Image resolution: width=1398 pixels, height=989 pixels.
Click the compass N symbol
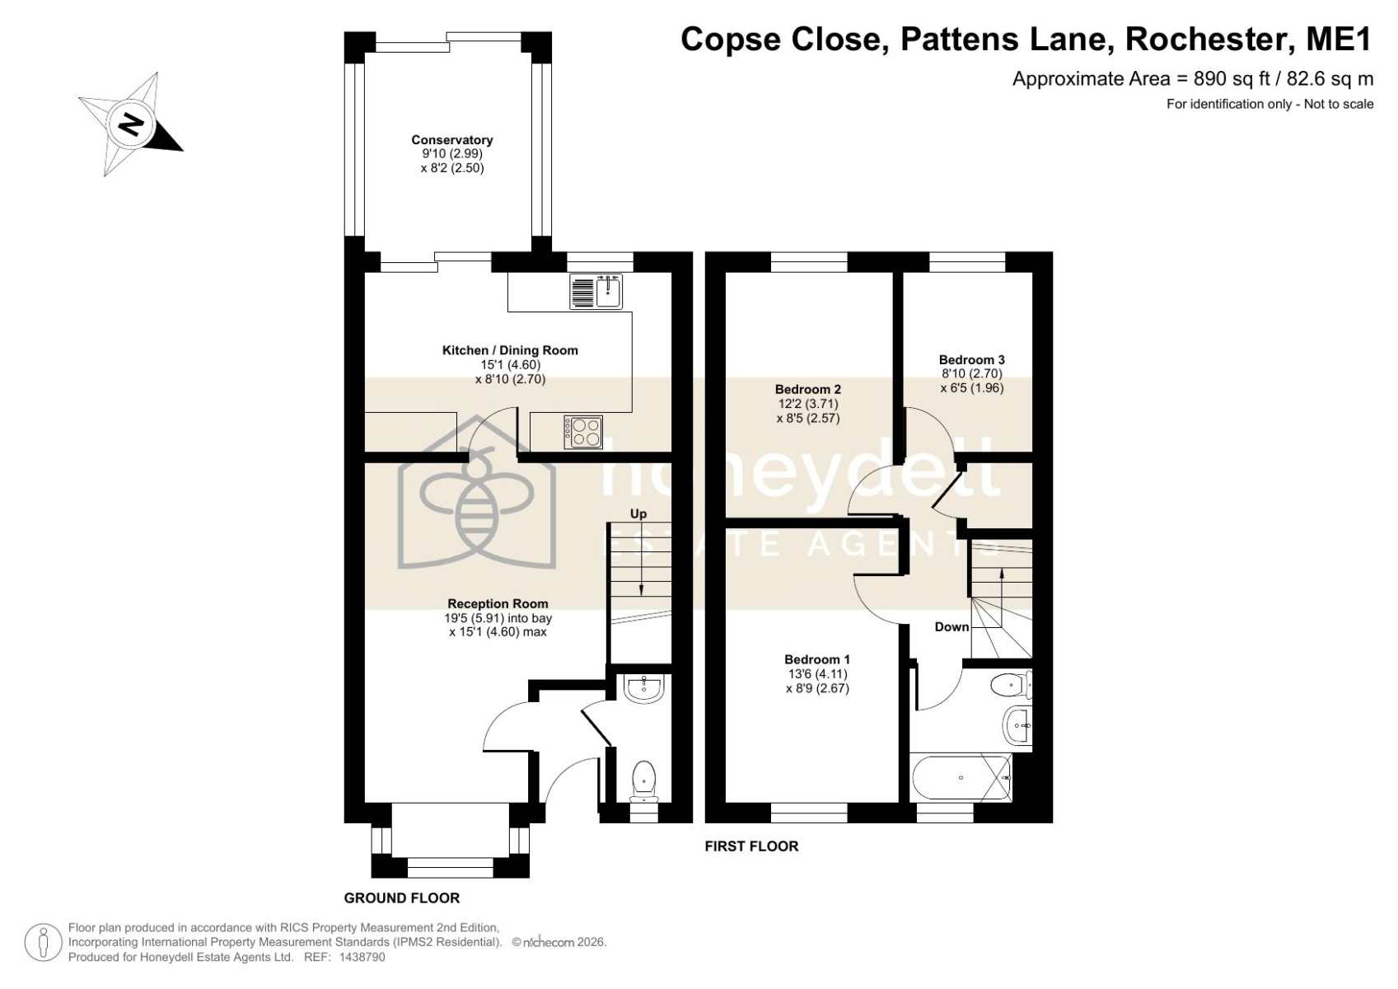(130, 124)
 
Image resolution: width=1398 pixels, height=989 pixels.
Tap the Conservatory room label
(451, 140)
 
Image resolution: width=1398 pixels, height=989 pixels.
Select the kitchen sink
(596, 292)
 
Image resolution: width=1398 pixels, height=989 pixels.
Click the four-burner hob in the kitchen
(583, 432)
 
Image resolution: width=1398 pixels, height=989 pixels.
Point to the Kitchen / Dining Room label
(510, 350)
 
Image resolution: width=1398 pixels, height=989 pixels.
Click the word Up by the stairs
(638, 513)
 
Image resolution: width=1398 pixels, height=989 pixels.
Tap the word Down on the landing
(951, 627)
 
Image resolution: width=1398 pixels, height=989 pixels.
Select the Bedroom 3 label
(972, 359)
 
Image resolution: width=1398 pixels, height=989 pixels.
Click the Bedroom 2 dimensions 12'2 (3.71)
(808, 404)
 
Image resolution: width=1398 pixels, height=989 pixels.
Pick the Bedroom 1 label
(817, 659)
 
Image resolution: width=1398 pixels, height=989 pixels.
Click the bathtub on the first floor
(961, 778)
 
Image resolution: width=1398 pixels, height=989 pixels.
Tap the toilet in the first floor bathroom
(1011, 685)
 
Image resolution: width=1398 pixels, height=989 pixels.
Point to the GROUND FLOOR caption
(402, 898)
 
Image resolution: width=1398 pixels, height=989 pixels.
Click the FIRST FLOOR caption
(751, 846)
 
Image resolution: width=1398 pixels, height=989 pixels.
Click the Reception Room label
(498, 604)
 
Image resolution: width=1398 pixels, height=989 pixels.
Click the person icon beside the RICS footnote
(43, 942)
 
